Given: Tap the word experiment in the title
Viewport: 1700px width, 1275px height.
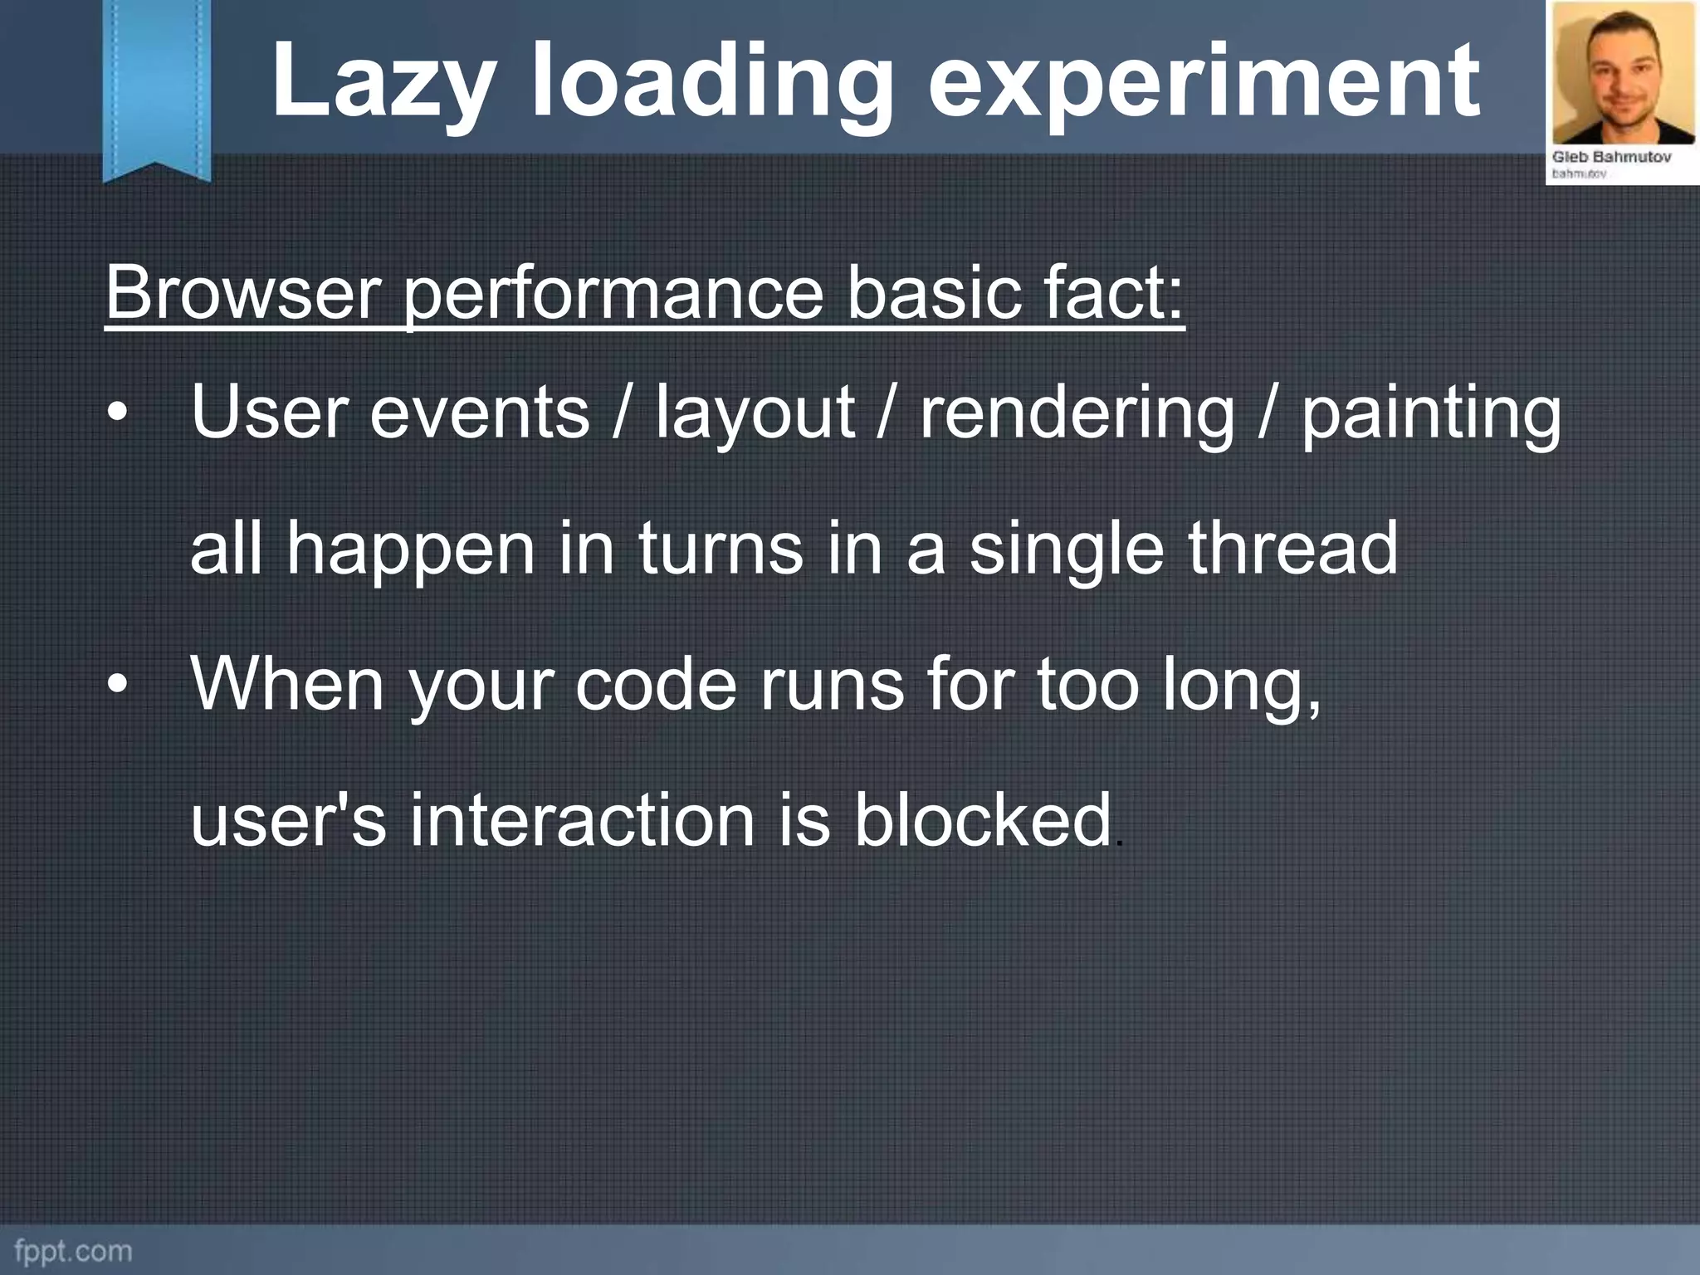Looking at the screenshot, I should click(1204, 81).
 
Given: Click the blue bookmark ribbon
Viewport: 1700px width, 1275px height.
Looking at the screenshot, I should click(157, 87).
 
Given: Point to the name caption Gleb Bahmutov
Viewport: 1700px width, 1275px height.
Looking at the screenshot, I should click(1611, 157).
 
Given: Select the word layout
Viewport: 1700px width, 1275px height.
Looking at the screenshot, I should click(755, 413).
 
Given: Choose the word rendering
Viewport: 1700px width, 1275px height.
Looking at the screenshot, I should click(1077, 413).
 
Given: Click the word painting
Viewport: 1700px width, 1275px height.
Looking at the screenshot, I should click(1430, 413).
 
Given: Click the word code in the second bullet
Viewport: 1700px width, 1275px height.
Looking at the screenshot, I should click(656, 685).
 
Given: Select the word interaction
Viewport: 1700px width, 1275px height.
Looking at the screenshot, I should click(582, 820).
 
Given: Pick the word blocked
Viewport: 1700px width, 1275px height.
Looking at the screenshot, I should click(983, 820).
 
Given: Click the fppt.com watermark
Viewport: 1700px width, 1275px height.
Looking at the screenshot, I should click(73, 1250).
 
